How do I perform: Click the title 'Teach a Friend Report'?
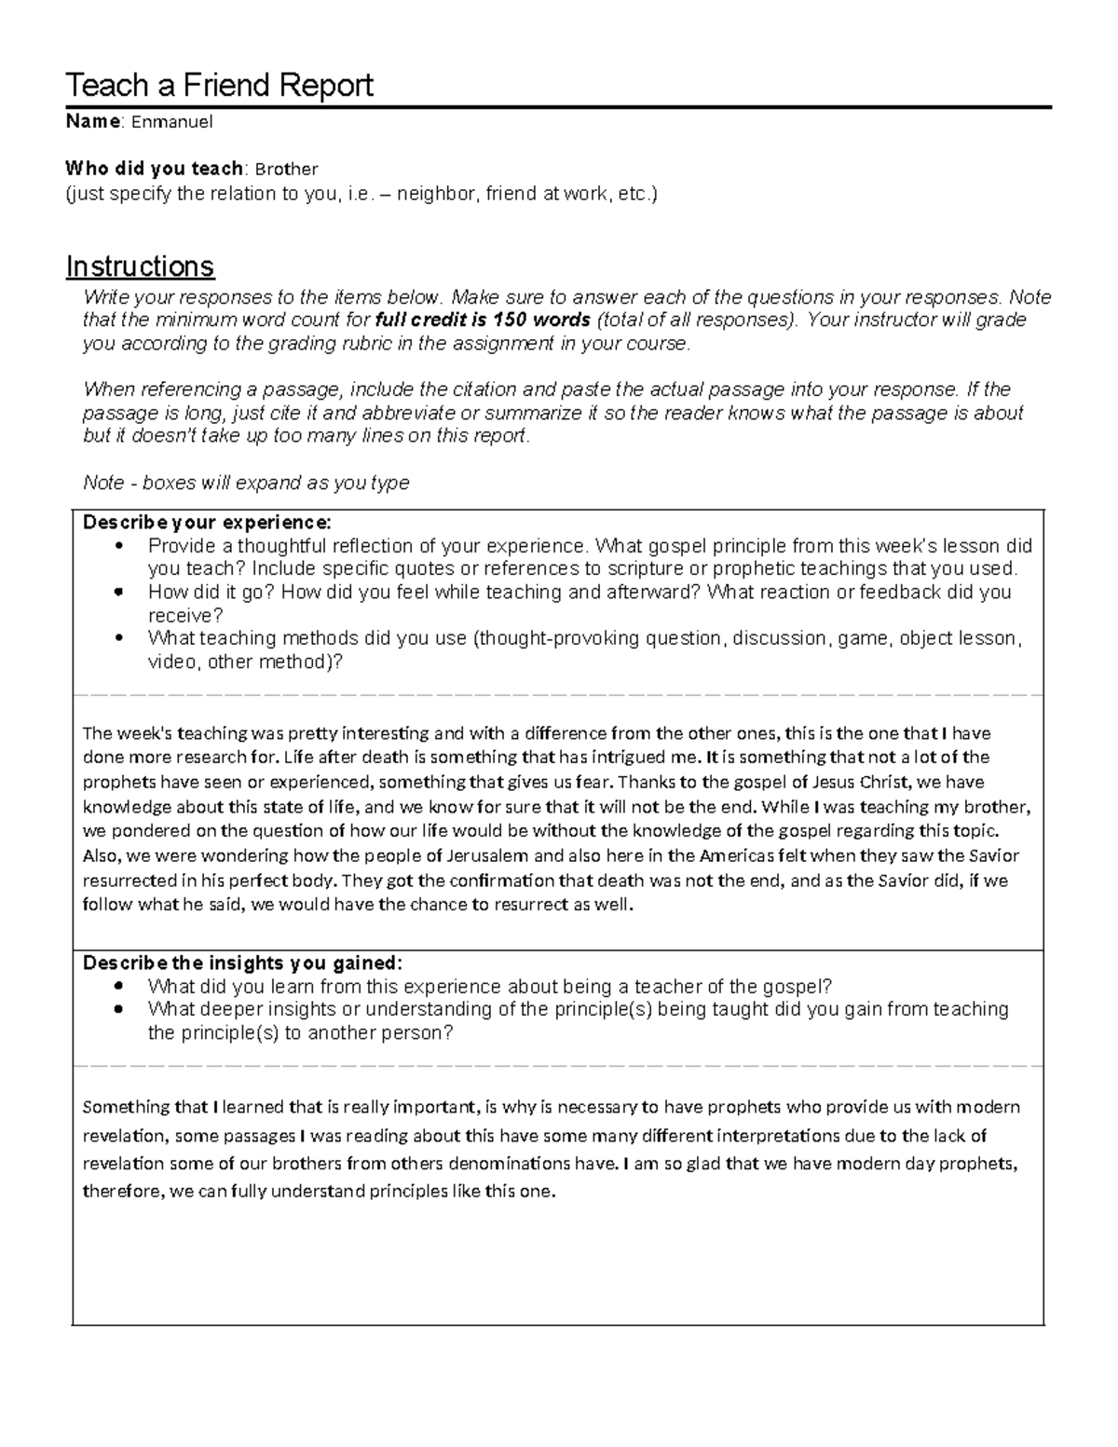coord(219,86)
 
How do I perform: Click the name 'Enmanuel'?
coord(172,122)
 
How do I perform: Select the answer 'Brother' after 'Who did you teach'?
coord(286,170)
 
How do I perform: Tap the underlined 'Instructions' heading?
coord(140,266)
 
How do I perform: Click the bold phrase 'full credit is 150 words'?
coord(482,321)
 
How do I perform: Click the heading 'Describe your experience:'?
coord(207,522)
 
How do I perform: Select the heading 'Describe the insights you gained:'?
coord(243,963)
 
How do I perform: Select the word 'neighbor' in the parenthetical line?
coord(437,195)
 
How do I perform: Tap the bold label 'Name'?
coord(92,122)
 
